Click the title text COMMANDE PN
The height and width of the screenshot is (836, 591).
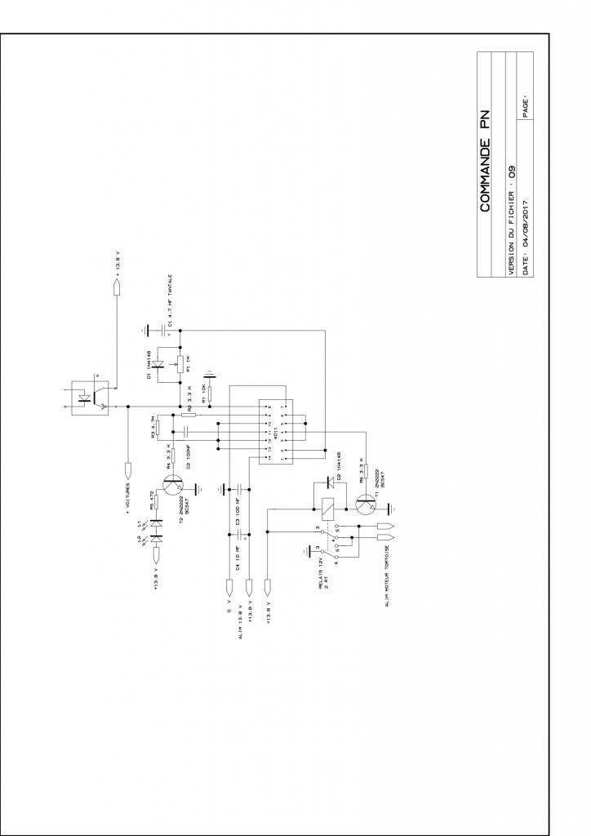(x=487, y=162)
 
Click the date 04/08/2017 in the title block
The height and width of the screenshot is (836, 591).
(x=527, y=223)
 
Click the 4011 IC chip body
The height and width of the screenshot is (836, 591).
(x=271, y=434)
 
